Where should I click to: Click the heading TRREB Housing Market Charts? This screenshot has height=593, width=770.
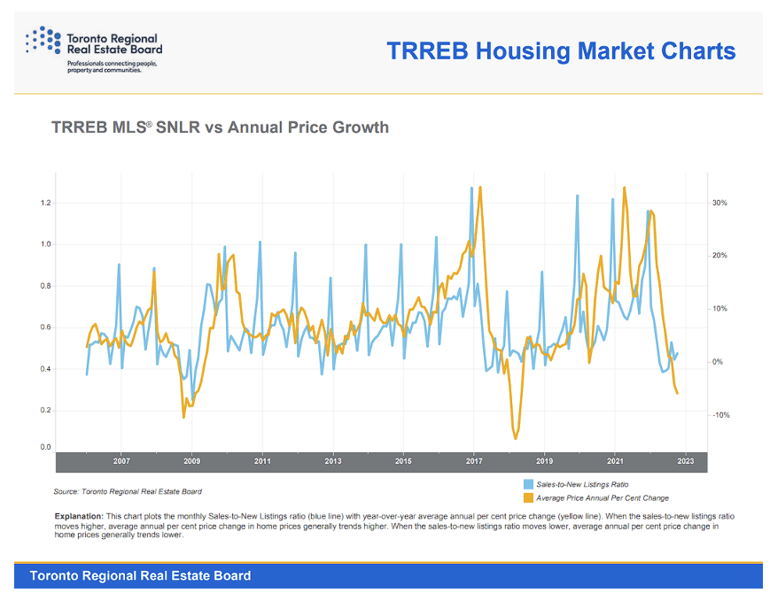coord(561,50)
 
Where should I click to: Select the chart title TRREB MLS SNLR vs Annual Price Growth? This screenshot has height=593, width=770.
coord(220,127)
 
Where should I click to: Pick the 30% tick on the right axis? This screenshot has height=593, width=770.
coord(719,204)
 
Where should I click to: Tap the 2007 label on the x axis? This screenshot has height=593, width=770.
coord(121,462)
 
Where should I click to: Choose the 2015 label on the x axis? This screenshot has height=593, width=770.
coord(403,462)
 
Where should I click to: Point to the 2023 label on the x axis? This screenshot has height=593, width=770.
coord(685,462)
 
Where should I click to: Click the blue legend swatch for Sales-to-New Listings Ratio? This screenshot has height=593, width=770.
coord(529,485)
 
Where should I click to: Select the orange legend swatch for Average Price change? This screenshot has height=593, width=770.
coord(529,498)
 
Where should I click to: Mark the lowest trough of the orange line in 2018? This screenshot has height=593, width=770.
coord(516,438)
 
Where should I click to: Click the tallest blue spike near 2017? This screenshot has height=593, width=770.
coord(471,188)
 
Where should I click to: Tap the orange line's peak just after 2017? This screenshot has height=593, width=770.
coord(480,187)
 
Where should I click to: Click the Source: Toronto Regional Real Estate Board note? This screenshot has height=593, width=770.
coord(128,490)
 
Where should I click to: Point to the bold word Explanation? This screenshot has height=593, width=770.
coord(79,515)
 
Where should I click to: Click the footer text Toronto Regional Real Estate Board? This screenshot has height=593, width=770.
coord(140,576)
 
